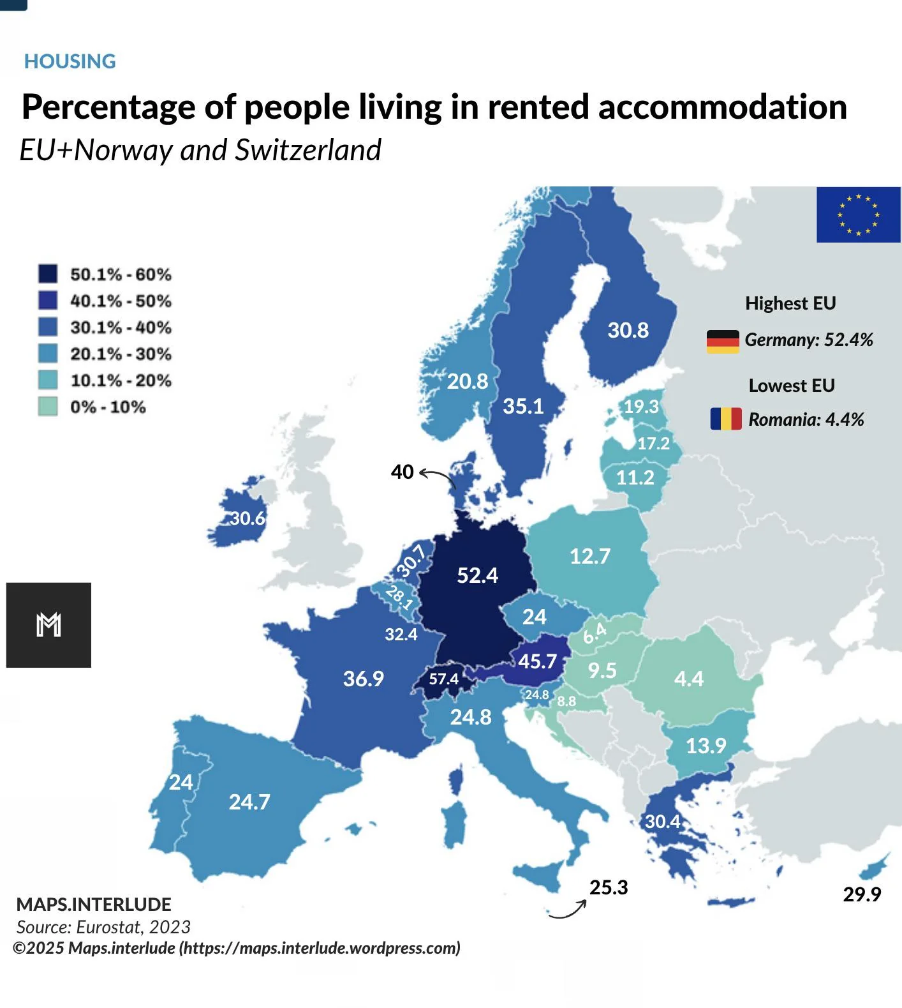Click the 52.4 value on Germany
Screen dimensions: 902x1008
(x=477, y=575)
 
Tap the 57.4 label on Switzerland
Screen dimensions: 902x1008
(x=443, y=679)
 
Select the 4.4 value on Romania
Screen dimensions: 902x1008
(x=689, y=678)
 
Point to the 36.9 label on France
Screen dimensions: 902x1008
(x=364, y=678)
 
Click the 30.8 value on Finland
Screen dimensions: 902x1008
(x=628, y=330)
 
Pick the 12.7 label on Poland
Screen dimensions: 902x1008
(x=590, y=556)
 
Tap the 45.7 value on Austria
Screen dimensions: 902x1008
(x=537, y=661)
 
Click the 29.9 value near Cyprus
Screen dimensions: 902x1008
(x=862, y=894)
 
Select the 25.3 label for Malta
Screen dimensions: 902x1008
(x=609, y=887)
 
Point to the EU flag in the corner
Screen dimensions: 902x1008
(x=859, y=214)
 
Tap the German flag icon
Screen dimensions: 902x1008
(x=723, y=342)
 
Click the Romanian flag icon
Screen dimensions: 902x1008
(x=726, y=419)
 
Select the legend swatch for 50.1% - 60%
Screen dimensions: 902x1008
(x=48, y=274)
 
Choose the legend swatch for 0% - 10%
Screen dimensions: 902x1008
(x=48, y=407)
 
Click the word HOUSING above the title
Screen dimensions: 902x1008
(x=70, y=61)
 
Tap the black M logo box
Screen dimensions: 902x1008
(x=48, y=625)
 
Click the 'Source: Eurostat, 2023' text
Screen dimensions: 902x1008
(x=103, y=927)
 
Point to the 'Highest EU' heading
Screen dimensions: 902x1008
(x=790, y=303)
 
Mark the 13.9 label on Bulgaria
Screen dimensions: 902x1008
(x=706, y=746)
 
